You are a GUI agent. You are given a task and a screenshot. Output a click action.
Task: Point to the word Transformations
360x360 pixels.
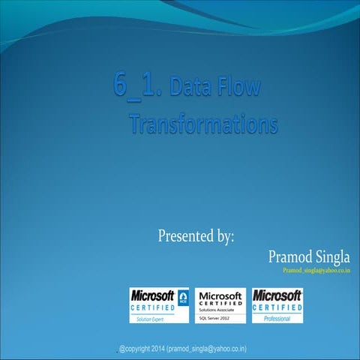coord(202,124)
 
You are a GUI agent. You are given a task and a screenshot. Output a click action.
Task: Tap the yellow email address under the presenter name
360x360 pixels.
coord(316,270)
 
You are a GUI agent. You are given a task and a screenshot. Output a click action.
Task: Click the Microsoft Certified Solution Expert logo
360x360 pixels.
coord(160,305)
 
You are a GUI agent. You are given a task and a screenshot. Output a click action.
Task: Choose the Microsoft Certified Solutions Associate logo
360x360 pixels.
coord(220,305)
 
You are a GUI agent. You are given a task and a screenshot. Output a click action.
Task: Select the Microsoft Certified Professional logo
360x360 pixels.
coord(277,305)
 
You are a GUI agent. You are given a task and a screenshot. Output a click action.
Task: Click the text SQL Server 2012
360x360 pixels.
coord(217,318)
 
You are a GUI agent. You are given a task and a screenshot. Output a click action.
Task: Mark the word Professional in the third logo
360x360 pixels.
coord(277,319)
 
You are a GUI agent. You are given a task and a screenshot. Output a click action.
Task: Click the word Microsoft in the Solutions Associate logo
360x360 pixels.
coord(220,295)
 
